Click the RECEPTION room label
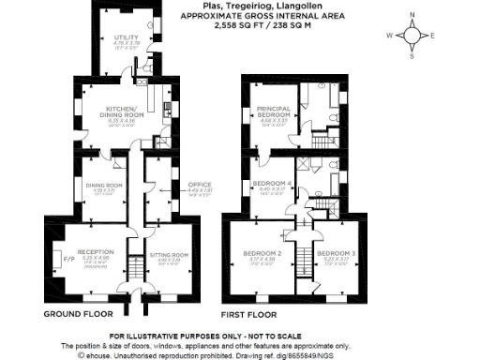click(95, 251)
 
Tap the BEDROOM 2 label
click(263, 253)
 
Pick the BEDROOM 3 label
click(336, 253)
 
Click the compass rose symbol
click(412, 35)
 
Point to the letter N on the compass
click(412, 13)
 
